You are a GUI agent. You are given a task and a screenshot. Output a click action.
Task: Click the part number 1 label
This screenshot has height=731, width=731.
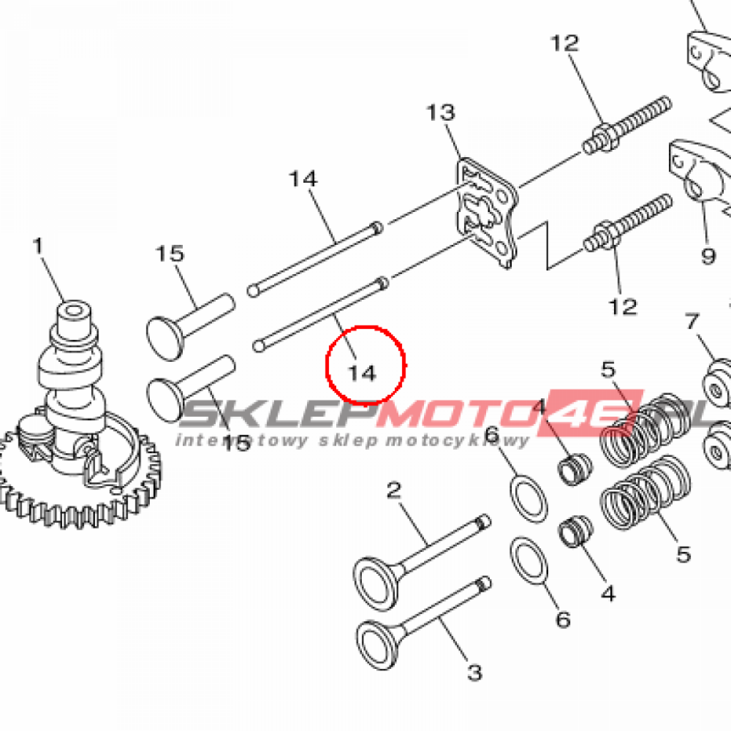39,246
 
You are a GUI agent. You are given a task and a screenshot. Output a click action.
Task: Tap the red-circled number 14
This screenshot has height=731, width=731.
362,373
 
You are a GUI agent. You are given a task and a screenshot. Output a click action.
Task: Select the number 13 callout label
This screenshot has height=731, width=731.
440,112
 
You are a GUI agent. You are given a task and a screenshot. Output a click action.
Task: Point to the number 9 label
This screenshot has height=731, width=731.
708,256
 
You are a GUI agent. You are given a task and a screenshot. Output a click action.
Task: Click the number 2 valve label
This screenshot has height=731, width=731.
394,490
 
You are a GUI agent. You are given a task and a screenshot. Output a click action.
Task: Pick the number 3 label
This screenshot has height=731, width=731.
475,672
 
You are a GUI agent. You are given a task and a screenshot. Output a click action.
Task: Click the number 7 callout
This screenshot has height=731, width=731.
692,321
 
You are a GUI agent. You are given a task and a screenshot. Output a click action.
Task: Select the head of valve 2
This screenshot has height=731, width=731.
375,584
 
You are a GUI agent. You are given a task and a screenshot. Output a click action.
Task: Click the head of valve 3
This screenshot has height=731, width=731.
378,645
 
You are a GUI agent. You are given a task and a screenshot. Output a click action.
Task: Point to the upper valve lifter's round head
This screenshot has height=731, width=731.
166,338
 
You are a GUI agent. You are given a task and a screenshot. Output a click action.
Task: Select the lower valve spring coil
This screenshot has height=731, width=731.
645,493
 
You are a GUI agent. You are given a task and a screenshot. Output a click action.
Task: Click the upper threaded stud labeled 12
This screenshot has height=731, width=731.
627,125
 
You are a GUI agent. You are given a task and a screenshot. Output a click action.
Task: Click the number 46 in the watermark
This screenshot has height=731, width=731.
588,413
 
